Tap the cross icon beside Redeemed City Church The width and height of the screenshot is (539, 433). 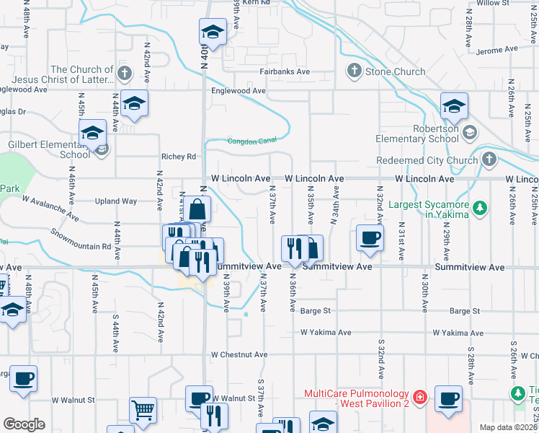coord(489,159)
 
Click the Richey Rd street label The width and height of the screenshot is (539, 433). coord(179,157)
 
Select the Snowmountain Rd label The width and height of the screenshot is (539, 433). coord(81,240)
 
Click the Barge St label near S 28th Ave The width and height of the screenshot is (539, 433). coord(464,311)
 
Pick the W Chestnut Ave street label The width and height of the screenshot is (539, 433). coord(239,355)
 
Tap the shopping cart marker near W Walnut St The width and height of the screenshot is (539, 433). coord(143,410)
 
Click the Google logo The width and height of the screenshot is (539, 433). coord(24,424)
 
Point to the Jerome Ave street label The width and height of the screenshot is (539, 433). coord(497,49)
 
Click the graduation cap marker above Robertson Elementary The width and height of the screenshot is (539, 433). coord(454,107)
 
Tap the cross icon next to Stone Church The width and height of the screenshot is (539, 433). coord(354,71)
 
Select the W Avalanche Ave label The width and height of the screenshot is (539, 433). coord(50,207)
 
